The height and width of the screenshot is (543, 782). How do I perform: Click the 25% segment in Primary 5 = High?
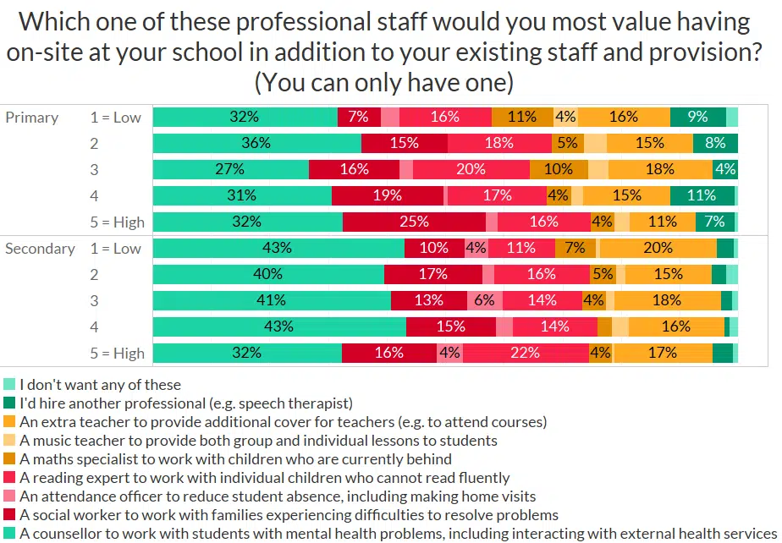415,222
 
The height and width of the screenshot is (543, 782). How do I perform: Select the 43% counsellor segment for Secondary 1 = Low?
278,249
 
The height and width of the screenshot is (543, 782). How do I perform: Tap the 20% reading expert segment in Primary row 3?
471,170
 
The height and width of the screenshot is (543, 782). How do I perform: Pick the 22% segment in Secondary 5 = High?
525,354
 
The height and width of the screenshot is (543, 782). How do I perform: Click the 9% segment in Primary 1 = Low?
697,118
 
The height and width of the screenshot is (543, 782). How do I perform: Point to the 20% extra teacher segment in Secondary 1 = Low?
657,249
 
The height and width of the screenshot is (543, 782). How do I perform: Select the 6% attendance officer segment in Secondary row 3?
483,301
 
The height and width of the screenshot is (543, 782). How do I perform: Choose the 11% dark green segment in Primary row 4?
702,196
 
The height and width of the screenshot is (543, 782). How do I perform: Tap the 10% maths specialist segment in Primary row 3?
559,170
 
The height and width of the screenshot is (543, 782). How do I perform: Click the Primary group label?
32,118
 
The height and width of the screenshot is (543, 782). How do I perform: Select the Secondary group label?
40,249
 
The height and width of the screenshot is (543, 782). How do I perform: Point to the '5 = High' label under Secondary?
117,354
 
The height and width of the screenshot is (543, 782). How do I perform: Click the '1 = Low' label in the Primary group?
116,118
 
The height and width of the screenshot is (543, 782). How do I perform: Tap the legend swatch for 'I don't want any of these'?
10,385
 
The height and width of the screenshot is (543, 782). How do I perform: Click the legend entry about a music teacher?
258,441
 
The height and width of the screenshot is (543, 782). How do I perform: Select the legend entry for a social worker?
289,515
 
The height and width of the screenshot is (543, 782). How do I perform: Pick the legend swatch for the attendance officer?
10,496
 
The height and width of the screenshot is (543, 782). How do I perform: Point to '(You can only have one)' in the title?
384,84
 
